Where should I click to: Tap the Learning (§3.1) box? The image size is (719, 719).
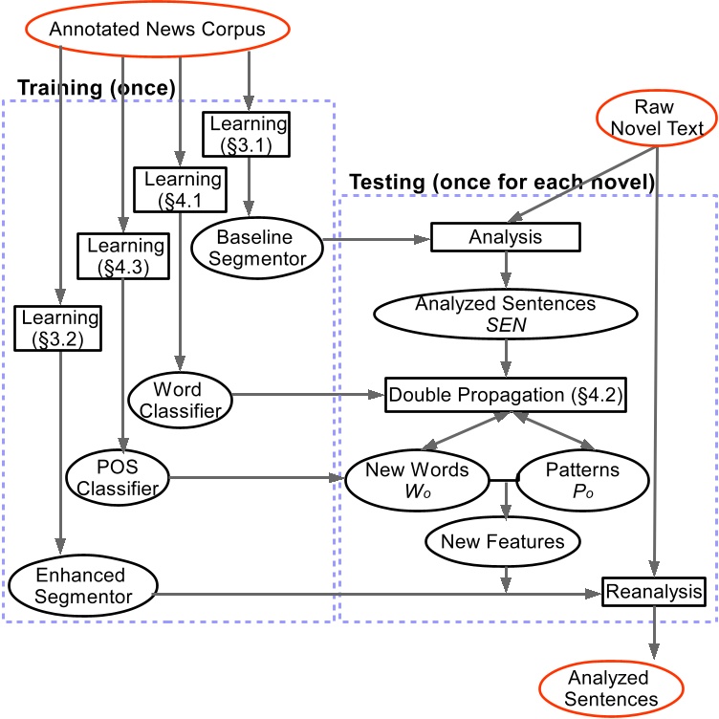coord(247,134)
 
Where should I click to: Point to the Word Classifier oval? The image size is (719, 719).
coord(179,399)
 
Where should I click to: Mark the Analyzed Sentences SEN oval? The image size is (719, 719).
coord(506,314)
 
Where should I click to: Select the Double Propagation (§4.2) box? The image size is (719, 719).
coord(506,394)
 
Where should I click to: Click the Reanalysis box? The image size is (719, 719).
coord(655,592)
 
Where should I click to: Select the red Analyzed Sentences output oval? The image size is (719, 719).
coord(607,687)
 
